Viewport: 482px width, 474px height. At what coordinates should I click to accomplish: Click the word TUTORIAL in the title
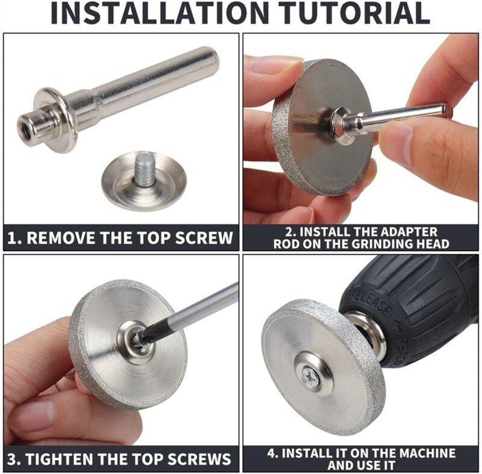coord(355,13)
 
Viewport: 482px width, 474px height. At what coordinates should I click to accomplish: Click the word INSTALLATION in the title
coord(160,13)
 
